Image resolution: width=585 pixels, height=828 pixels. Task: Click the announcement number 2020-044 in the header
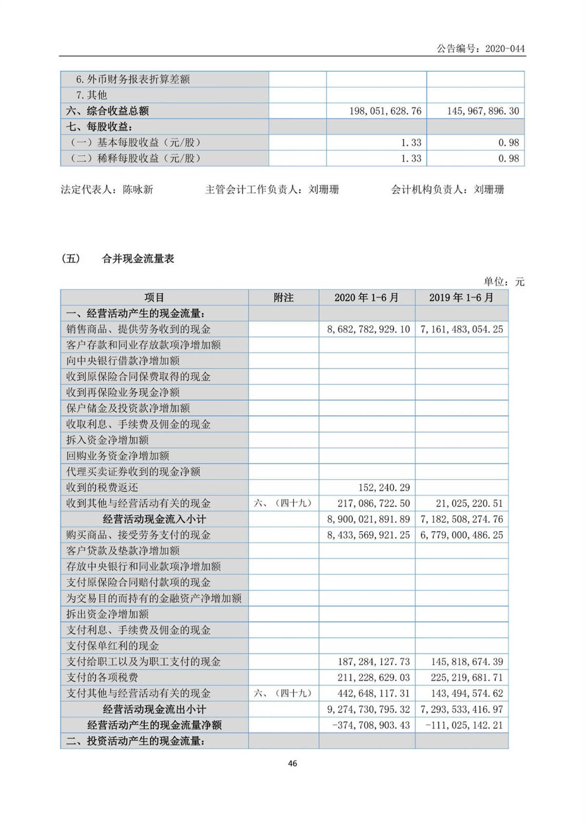click(x=505, y=48)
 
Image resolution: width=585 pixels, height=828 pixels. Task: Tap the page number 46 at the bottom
click(x=292, y=763)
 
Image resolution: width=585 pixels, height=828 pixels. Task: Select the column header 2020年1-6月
click(x=367, y=298)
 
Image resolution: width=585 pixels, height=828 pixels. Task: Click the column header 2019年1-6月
click(x=461, y=298)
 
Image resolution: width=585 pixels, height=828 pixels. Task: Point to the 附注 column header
click(x=283, y=298)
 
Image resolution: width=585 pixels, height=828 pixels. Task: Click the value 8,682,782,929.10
click(x=368, y=329)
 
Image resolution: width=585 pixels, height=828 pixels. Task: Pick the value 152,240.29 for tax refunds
click(x=384, y=487)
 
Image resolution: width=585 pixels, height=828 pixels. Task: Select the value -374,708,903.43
click(x=371, y=725)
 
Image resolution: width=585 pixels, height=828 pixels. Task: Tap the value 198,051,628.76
click(x=385, y=111)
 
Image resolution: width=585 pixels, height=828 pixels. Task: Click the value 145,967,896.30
click(x=483, y=111)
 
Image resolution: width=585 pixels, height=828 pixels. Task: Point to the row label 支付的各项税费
click(x=102, y=678)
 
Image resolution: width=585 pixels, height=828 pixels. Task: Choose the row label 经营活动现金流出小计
click(x=154, y=709)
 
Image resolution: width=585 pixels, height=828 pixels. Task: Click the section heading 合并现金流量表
click(x=138, y=259)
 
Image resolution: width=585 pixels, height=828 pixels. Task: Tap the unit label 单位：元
click(x=504, y=282)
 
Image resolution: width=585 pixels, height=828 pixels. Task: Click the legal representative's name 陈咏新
click(x=138, y=189)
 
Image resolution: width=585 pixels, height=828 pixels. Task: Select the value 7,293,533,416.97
click(x=462, y=709)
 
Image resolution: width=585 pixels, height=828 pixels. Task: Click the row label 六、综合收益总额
click(x=107, y=111)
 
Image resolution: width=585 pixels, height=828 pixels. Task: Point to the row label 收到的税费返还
click(x=102, y=487)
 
